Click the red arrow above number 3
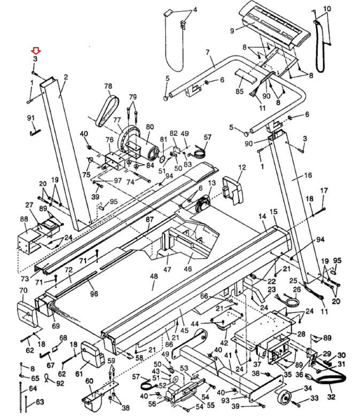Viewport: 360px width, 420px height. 36,51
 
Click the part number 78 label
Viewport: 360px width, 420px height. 108,86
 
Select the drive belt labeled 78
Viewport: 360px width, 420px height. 105,108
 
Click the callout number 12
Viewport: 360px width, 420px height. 242,168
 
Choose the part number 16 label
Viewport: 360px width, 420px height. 308,175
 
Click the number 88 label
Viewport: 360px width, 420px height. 24,219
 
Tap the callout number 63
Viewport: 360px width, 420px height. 40,402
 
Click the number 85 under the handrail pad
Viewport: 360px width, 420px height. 239,92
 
